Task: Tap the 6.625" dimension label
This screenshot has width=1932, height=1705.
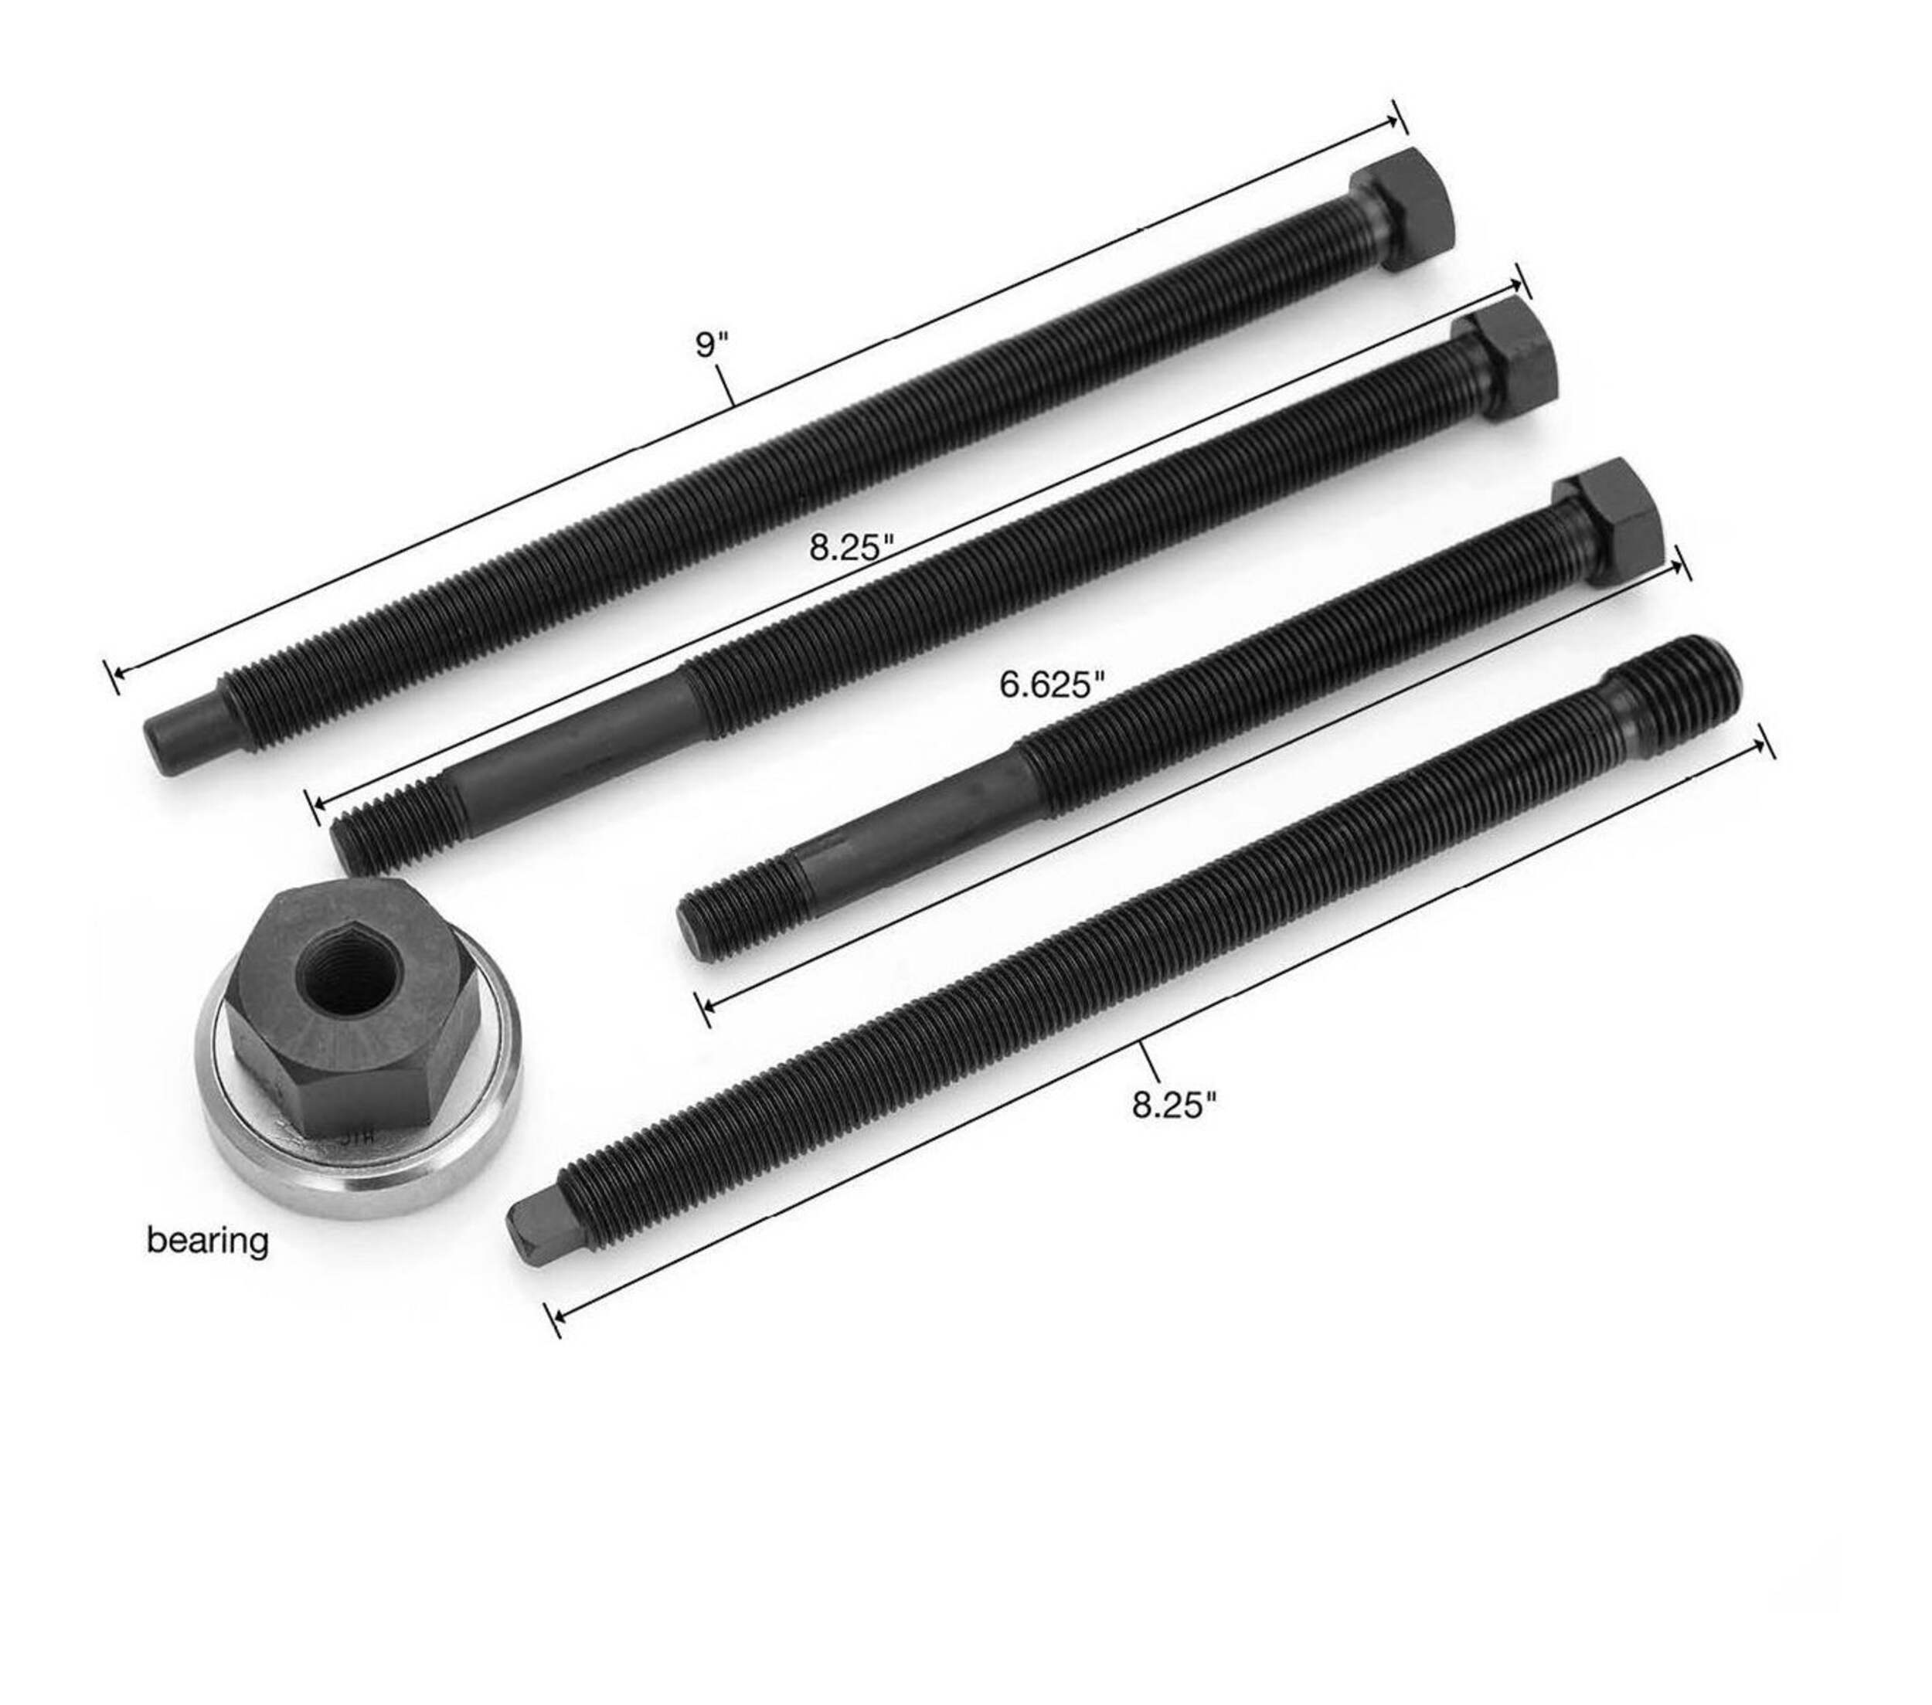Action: pos(1051,684)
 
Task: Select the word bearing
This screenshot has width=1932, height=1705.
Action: pos(207,1240)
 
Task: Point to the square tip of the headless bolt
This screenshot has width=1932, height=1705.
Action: pos(535,1228)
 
